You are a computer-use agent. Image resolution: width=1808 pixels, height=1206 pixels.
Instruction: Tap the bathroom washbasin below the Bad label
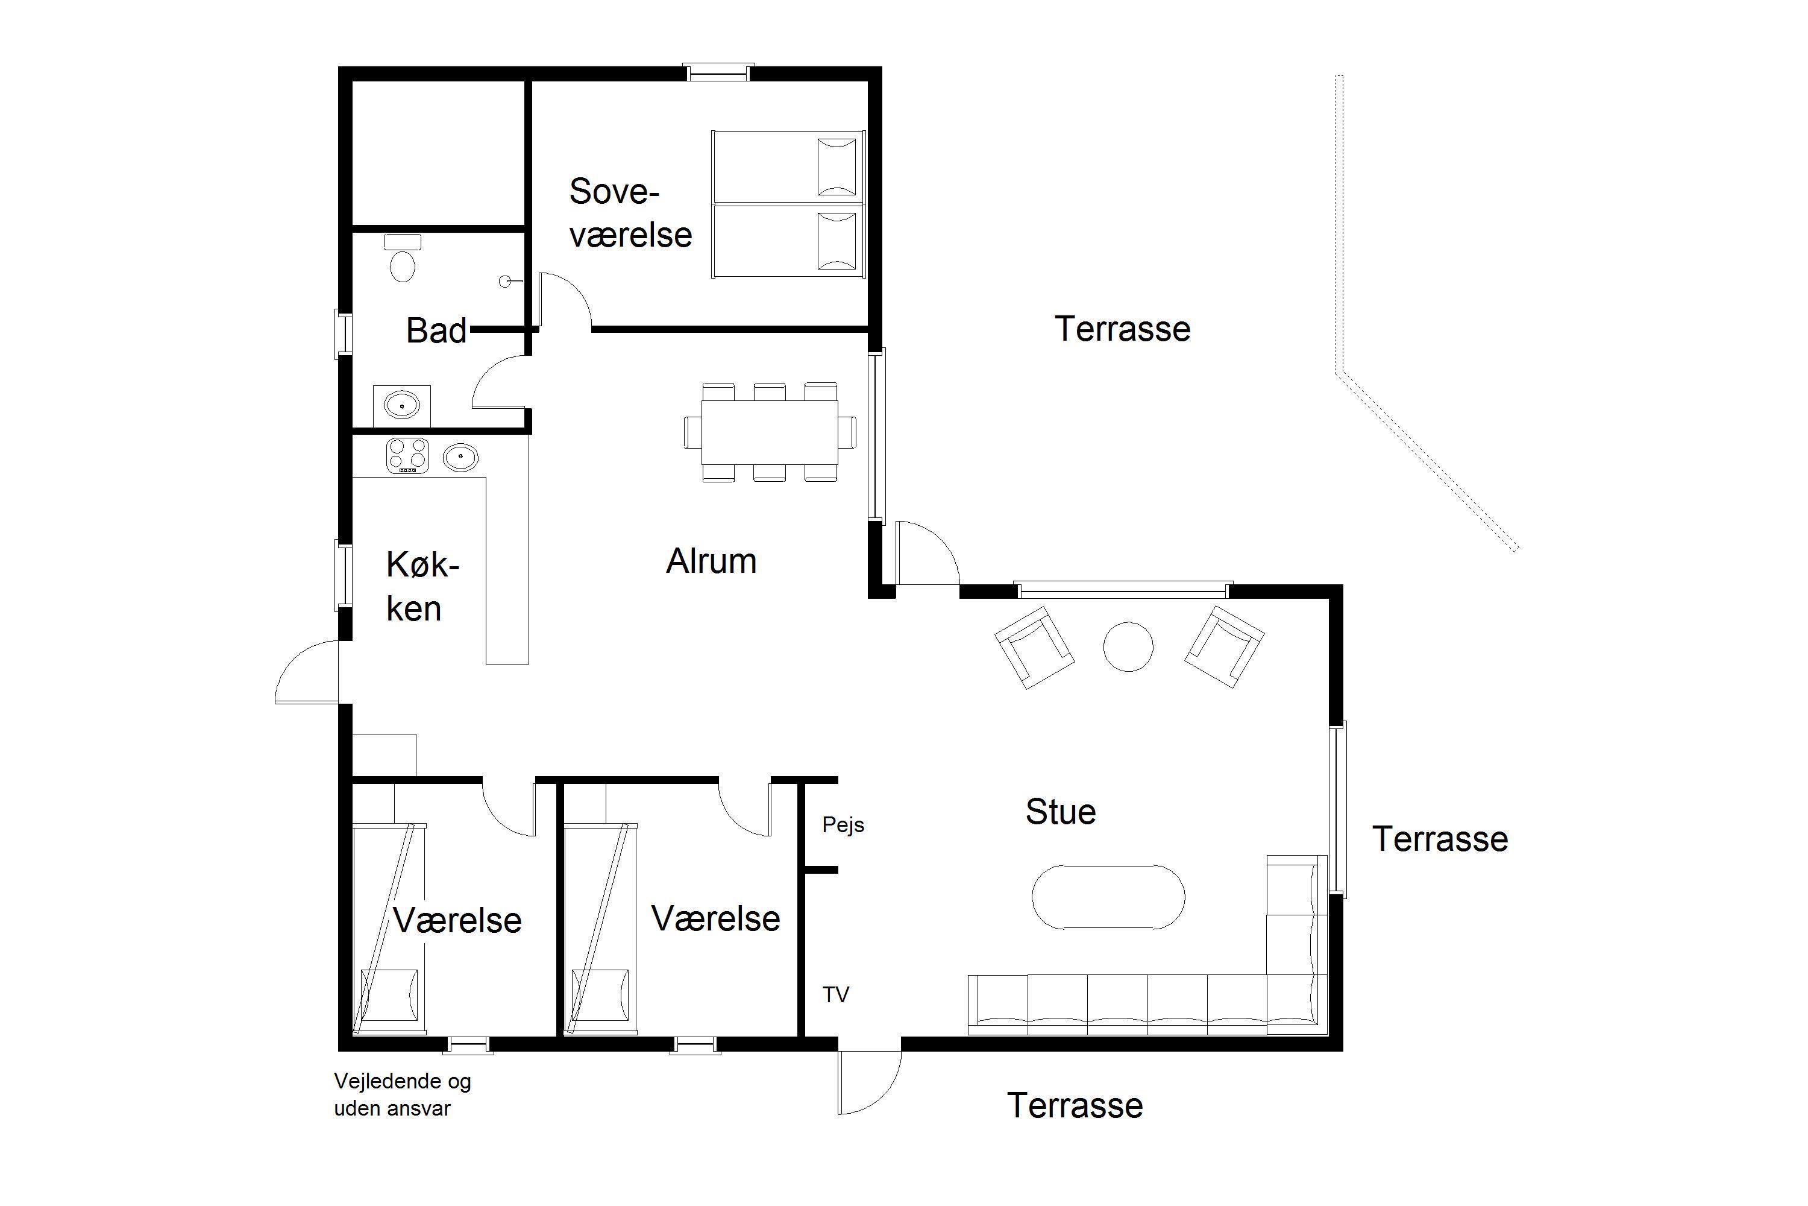(x=401, y=405)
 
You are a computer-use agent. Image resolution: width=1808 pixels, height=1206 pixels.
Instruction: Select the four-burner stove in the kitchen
(x=407, y=455)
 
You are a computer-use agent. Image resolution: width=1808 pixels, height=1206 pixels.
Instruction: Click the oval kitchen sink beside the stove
(x=460, y=458)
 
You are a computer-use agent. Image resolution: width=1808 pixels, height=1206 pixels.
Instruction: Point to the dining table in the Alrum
(x=770, y=432)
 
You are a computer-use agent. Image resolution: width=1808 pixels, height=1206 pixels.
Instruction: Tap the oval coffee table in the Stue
(x=1108, y=897)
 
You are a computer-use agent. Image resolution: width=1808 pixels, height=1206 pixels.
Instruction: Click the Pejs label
(x=843, y=826)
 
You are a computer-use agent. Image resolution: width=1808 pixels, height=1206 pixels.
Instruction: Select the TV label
(x=835, y=996)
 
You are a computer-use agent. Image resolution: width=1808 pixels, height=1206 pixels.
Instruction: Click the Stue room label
(x=1061, y=812)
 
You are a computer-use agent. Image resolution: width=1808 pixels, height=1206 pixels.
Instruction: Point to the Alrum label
(x=711, y=561)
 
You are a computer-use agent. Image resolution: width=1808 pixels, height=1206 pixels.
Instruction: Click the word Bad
(x=436, y=330)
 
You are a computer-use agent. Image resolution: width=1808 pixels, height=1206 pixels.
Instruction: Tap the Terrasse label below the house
(x=1075, y=1106)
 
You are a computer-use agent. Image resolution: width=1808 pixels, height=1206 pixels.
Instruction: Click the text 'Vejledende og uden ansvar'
(x=402, y=1095)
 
